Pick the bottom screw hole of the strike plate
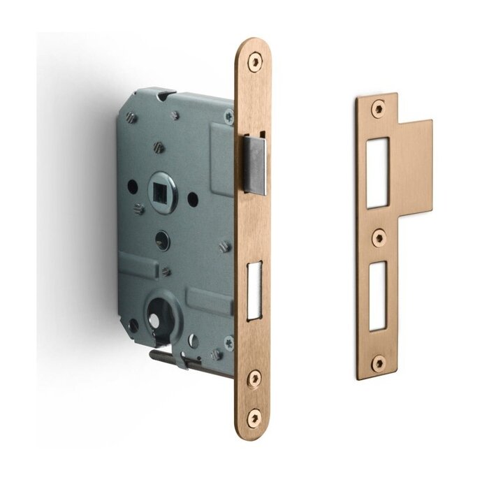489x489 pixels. pos(378,362)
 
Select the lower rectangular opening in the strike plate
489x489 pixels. pos(377,294)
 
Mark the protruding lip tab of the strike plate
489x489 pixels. pos(415,170)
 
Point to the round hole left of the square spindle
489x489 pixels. pos(131,189)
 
